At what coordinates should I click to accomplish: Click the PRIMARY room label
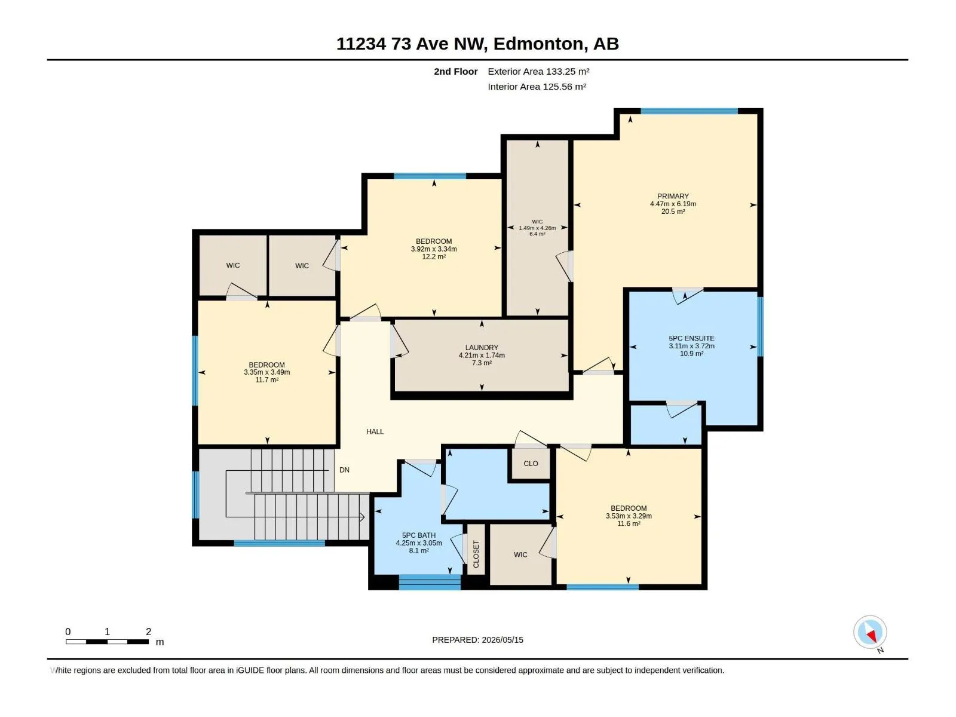[x=672, y=197]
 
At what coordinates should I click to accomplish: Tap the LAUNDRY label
[x=481, y=347]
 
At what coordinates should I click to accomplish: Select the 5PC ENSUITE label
[x=691, y=338]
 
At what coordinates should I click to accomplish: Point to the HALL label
[x=375, y=431]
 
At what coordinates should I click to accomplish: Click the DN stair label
[x=344, y=470]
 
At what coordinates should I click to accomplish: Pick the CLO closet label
[x=531, y=464]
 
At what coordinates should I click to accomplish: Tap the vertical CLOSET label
[x=476, y=554]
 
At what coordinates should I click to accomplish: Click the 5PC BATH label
[x=419, y=535]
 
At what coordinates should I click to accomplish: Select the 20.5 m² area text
[x=672, y=212]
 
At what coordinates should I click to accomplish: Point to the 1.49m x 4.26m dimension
[x=537, y=228]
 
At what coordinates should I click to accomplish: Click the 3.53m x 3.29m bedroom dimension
[x=628, y=516]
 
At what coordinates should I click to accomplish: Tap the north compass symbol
[x=870, y=632]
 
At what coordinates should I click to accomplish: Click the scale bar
[x=107, y=642]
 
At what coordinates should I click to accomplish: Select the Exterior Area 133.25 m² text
[x=538, y=71]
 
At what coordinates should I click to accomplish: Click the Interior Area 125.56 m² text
[x=537, y=87]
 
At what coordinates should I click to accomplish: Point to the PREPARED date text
[x=477, y=640]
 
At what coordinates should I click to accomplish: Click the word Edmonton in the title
[x=538, y=44]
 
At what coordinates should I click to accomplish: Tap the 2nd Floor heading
[x=455, y=71]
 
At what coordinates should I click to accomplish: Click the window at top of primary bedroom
[x=689, y=111]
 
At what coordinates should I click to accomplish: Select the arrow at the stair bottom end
[x=361, y=517]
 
